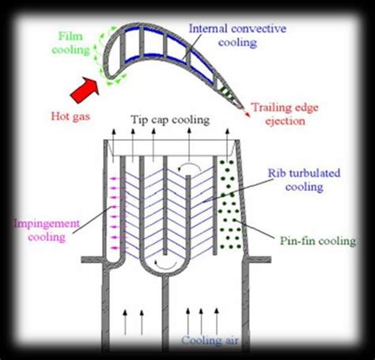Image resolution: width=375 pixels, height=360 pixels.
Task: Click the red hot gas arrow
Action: [x=85, y=89]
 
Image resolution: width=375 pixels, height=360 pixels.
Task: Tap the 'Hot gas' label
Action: [x=70, y=116]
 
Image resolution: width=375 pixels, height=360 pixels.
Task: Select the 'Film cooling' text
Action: [x=70, y=43]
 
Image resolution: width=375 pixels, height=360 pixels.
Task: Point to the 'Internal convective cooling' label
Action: [x=237, y=36]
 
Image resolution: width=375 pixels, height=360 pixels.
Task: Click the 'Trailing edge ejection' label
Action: [x=286, y=114]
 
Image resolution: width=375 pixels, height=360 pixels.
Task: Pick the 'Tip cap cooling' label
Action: [x=170, y=120]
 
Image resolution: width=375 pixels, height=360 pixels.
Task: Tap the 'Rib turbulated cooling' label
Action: [x=304, y=180]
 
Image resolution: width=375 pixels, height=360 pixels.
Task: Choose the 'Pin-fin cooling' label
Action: [x=318, y=241]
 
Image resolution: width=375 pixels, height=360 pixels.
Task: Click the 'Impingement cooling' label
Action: [x=47, y=230]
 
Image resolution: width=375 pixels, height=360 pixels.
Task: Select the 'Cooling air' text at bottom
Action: [x=210, y=340]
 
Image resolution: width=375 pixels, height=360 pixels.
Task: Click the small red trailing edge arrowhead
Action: [x=247, y=114]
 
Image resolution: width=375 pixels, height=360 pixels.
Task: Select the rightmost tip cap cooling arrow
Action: [x=227, y=145]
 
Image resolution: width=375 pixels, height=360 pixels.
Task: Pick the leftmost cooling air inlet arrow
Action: [x=125, y=322]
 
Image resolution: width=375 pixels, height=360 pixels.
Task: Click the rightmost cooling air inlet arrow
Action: [x=217, y=321]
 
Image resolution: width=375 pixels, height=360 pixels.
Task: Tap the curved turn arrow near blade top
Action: [x=189, y=167]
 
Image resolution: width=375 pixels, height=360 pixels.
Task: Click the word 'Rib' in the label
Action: [x=275, y=173]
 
